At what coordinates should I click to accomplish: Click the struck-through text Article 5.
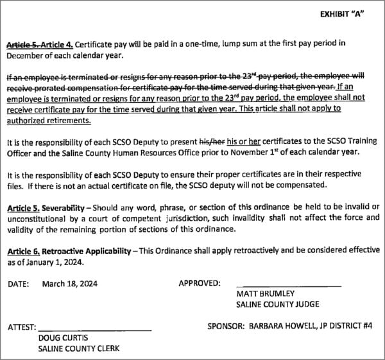click(23, 44)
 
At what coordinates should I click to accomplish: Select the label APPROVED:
click(200, 283)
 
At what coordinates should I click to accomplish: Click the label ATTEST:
click(22, 327)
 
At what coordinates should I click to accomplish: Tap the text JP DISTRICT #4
click(345, 326)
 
